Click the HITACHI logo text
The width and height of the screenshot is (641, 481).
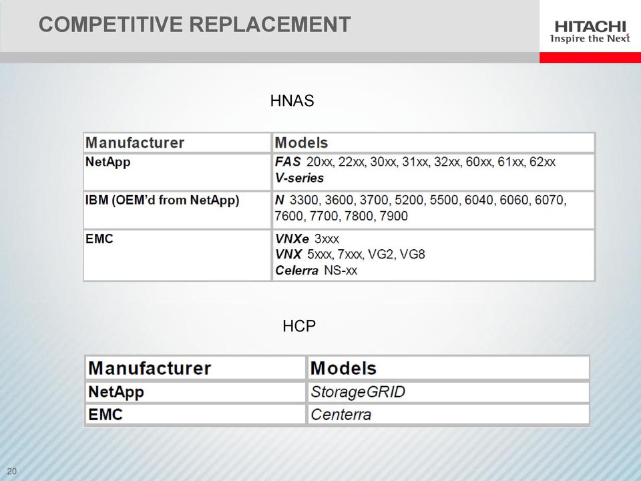[x=590, y=27]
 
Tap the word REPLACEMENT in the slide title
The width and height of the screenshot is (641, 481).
[x=270, y=24]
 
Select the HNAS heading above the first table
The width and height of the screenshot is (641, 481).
[x=292, y=101]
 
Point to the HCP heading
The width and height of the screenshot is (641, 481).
[x=299, y=326]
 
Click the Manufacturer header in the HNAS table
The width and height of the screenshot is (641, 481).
[x=135, y=143]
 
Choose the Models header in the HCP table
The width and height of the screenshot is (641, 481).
[x=343, y=367]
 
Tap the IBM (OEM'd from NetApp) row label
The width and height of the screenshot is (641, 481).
[x=162, y=200]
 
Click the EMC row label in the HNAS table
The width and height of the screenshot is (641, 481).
[x=99, y=238]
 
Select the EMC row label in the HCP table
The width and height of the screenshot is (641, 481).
[x=105, y=414]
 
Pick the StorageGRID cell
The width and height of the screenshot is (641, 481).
[x=358, y=392]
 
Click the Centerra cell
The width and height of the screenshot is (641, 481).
[x=341, y=415]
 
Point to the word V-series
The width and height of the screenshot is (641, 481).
[x=299, y=178]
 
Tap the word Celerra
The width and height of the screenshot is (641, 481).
[x=296, y=271]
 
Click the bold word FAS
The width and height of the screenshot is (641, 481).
[x=288, y=162]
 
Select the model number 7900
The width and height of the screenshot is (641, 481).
[x=393, y=216]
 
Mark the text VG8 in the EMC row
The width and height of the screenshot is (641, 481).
[x=412, y=255]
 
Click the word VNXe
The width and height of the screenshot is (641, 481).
[x=292, y=238]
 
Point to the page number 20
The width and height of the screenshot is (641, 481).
[x=12, y=471]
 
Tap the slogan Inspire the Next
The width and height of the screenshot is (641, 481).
[x=590, y=39]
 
